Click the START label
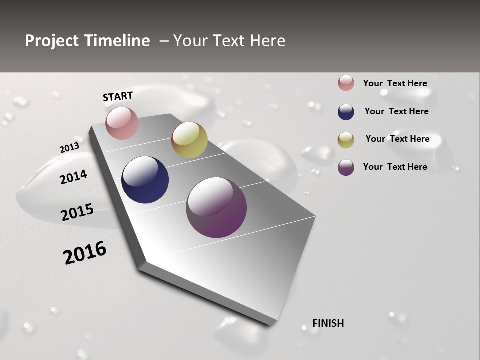pos(118,96)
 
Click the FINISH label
pos(328,323)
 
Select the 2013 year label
pos(69,148)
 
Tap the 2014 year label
pos(73,177)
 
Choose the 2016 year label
pos(85,253)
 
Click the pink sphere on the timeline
pos(122,123)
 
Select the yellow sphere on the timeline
pos(189,140)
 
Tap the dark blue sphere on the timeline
pos(145,180)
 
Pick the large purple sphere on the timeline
pos(216,207)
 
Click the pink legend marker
pos(346,83)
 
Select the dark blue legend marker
pos(346,112)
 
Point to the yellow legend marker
pos(346,140)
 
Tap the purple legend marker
pos(346,167)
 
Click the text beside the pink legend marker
pos(395,83)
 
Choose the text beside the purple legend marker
pos(395,167)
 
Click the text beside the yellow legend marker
pos(397,139)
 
